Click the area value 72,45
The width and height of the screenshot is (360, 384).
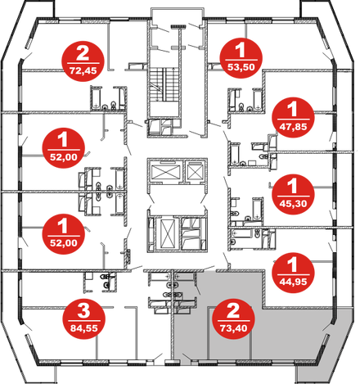(x=83, y=71)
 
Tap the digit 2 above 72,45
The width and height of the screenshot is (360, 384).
(x=83, y=53)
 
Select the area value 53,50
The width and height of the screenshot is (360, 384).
(x=241, y=67)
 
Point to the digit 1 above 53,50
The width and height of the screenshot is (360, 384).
(x=241, y=50)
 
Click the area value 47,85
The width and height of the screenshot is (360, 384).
(x=293, y=127)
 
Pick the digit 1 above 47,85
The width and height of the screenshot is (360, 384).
(x=292, y=109)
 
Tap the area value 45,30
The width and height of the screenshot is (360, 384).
(x=293, y=204)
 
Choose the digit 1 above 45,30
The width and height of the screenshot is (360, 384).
(x=292, y=186)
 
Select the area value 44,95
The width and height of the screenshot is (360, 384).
(x=293, y=282)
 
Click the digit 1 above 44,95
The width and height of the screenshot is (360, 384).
(x=292, y=264)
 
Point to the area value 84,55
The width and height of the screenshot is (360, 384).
(x=84, y=328)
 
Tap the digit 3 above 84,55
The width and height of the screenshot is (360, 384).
(x=83, y=310)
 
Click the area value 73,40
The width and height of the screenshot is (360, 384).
(x=233, y=328)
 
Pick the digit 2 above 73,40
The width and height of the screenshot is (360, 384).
(x=233, y=310)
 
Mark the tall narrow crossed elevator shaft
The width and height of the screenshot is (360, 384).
(x=167, y=233)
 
